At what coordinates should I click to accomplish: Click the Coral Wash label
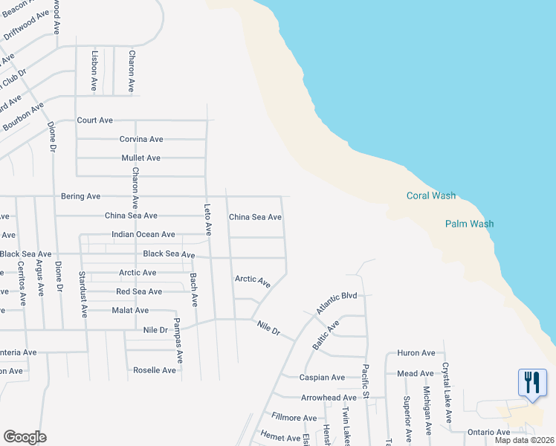(x=430, y=196)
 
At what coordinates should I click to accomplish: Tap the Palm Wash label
(x=469, y=224)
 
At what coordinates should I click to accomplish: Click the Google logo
(x=25, y=437)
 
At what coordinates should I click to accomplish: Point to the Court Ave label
(x=94, y=120)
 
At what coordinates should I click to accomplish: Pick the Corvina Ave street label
(x=141, y=139)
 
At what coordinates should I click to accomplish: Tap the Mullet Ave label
(x=141, y=158)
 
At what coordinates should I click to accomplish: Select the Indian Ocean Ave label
(x=143, y=235)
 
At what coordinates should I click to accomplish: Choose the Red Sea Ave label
(x=139, y=292)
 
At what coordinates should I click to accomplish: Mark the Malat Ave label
(x=130, y=311)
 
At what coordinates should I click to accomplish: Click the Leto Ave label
(x=209, y=220)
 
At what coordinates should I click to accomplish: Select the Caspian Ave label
(x=323, y=378)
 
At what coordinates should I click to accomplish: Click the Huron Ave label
(x=416, y=353)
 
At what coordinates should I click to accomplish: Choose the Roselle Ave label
(x=155, y=370)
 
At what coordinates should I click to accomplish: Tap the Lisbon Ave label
(x=94, y=71)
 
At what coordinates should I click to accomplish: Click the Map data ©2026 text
(x=523, y=440)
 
